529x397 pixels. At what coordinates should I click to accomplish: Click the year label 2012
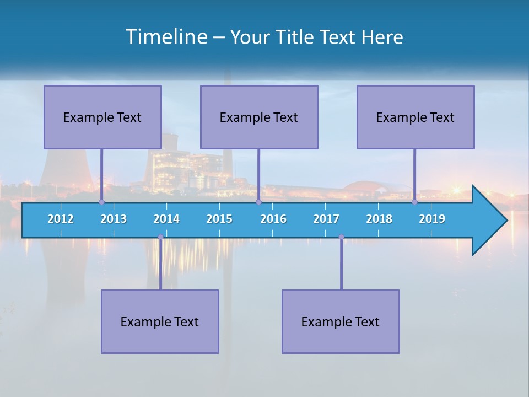pyautogui.click(x=61, y=219)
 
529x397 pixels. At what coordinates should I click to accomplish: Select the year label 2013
pyautogui.click(x=114, y=219)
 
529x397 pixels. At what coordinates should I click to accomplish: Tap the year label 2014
pyautogui.click(x=166, y=219)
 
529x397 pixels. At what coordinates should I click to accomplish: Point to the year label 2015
pyautogui.click(x=219, y=219)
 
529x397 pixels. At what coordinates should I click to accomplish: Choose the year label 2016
pyautogui.click(x=273, y=219)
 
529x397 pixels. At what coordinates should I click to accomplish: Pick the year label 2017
pyautogui.click(x=326, y=219)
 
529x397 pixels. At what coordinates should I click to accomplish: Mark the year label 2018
pyautogui.click(x=379, y=219)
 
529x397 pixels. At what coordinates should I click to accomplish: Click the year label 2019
pyautogui.click(x=432, y=219)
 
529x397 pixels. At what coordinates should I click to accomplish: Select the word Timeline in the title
pyautogui.click(x=166, y=36)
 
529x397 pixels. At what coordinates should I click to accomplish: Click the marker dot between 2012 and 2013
pyautogui.click(x=101, y=202)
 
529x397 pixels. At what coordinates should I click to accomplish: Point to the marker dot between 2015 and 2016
pyautogui.click(x=258, y=202)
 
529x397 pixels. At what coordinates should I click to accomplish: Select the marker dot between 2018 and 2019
pyautogui.click(x=415, y=202)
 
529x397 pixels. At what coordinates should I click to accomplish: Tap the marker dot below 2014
pyautogui.click(x=160, y=237)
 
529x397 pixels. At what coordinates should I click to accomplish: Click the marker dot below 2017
pyautogui.click(x=341, y=237)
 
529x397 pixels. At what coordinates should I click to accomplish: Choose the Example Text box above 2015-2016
pyautogui.click(x=259, y=117)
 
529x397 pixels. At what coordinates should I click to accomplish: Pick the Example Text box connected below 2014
pyautogui.click(x=160, y=321)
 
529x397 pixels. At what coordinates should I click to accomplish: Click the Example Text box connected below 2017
pyautogui.click(x=341, y=321)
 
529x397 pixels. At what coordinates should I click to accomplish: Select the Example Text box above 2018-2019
pyautogui.click(x=415, y=117)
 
